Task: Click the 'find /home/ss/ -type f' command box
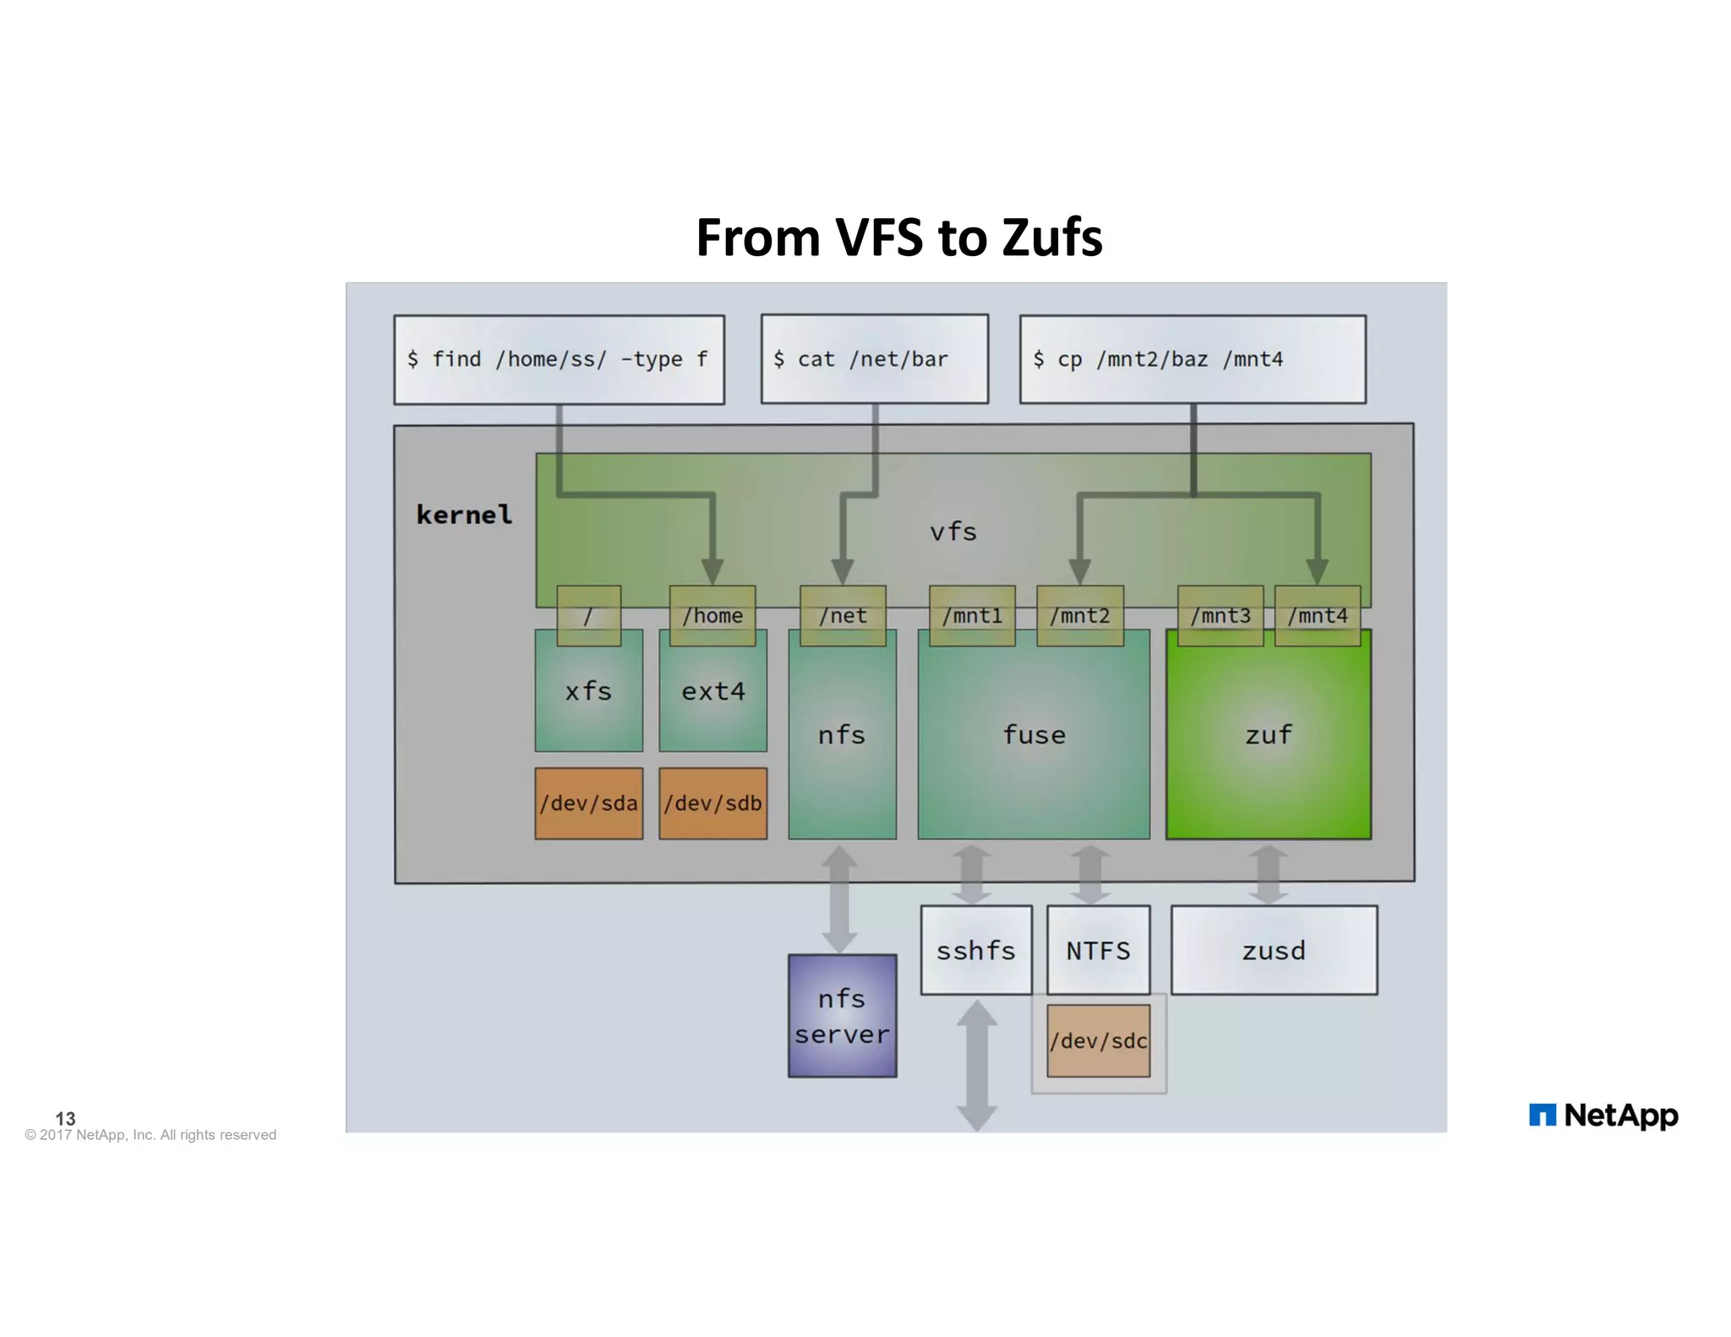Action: [559, 360]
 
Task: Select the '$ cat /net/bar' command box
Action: [874, 359]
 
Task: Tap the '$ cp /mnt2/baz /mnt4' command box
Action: [1192, 360]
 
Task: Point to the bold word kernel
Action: [464, 515]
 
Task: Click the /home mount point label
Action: [712, 616]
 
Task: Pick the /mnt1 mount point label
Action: [972, 616]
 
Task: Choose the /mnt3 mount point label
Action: [1220, 616]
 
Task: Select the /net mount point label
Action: [842, 616]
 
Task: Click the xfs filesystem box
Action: [588, 692]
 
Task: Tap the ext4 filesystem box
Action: [713, 692]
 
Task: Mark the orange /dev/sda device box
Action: [588, 803]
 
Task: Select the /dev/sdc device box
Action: [1098, 1041]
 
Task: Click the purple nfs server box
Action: [842, 1016]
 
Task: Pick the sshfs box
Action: [975, 951]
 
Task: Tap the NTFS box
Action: [1098, 951]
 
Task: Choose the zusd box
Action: [1273, 951]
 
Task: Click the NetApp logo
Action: [1603, 1116]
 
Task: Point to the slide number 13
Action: [65, 1118]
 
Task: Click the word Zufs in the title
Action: [1051, 237]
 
